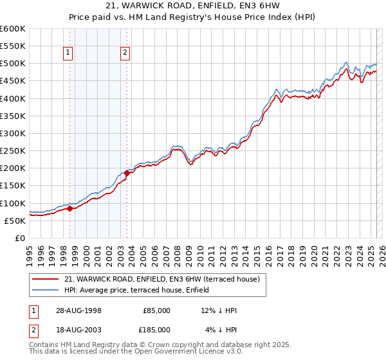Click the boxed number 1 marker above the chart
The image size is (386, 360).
68,54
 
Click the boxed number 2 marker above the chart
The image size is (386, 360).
125,54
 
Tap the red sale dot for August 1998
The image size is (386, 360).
69,208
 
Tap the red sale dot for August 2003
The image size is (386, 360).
127,173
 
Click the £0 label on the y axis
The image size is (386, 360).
19,238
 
